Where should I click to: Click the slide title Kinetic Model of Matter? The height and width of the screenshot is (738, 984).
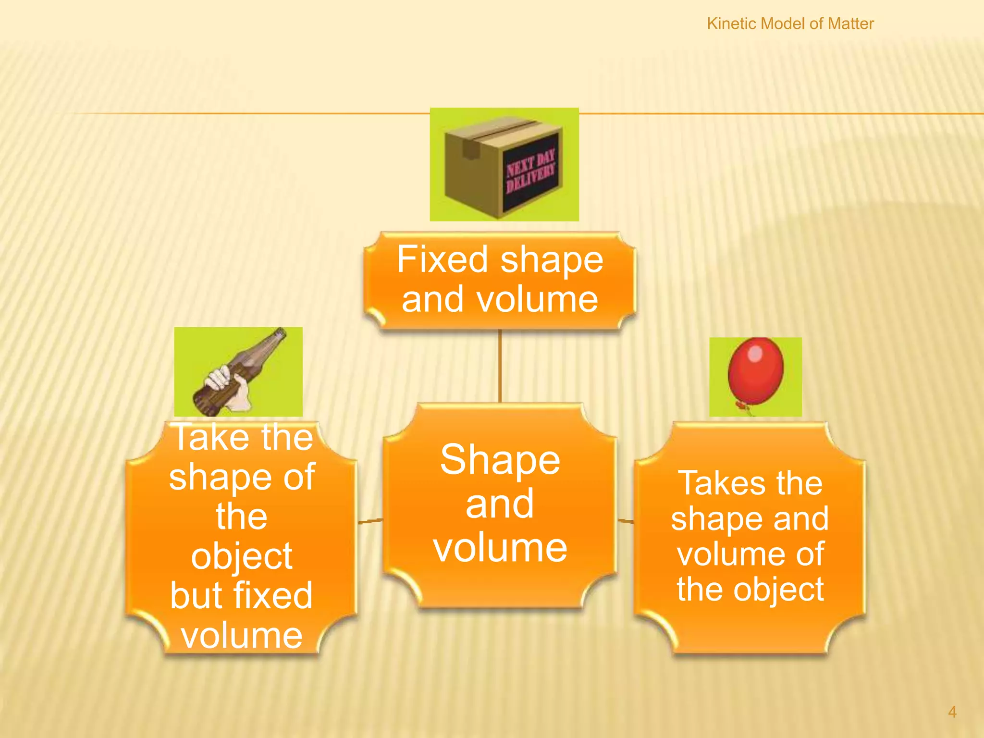point(790,24)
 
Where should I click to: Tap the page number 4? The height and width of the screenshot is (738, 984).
point(952,712)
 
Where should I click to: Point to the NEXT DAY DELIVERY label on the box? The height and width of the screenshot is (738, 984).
point(530,171)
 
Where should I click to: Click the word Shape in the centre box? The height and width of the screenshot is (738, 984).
point(500,460)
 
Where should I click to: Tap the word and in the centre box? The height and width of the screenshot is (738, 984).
point(500,504)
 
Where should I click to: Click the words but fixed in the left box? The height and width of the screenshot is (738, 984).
point(241,596)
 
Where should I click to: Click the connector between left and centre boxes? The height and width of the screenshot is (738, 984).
point(370,521)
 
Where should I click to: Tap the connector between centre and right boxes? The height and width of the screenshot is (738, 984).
point(626,520)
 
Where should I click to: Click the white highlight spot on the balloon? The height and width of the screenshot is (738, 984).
point(755,354)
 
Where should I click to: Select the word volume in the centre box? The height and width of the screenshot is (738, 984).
point(500,548)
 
